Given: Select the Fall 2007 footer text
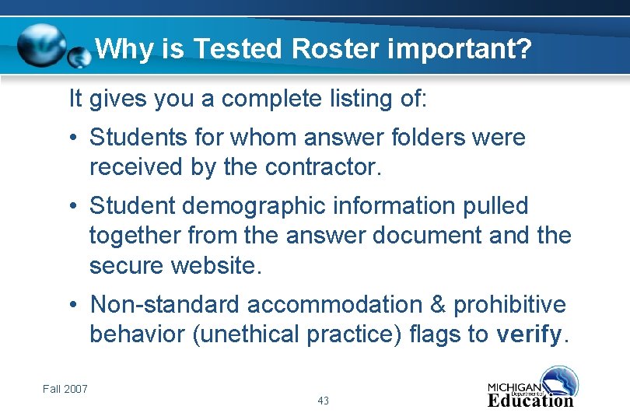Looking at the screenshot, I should (65, 389).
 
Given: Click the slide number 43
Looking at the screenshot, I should (324, 401).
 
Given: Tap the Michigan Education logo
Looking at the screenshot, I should (532, 389).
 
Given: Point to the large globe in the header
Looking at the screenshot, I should (43, 45).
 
